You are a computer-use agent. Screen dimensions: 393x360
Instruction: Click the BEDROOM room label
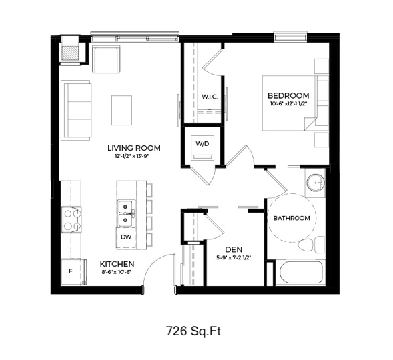(288, 95)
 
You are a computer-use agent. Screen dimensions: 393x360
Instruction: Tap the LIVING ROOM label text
(134, 148)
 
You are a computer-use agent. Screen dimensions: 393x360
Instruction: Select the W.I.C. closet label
(210, 97)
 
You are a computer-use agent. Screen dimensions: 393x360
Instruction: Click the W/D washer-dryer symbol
(202, 147)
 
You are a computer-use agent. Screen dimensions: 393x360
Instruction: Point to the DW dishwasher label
(126, 237)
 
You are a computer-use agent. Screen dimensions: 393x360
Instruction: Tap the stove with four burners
(72, 220)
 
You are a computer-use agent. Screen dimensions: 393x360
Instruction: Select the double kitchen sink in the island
(126, 213)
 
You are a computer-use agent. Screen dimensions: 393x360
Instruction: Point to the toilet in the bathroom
(312, 244)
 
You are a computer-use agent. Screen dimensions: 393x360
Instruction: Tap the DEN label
(234, 249)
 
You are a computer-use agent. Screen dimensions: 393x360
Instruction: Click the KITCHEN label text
(117, 264)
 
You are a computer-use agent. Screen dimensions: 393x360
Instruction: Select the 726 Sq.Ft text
(193, 331)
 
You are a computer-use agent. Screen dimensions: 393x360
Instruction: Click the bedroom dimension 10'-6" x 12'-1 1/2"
(288, 103)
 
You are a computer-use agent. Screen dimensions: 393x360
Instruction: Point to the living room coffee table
(122, 110)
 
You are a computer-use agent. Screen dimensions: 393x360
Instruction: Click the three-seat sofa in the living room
(76, 111)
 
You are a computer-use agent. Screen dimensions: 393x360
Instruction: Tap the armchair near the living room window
(106, 59)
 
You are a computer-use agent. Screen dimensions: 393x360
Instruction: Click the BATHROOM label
(292, 218)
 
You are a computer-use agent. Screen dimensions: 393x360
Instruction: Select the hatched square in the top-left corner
(71, 53)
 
